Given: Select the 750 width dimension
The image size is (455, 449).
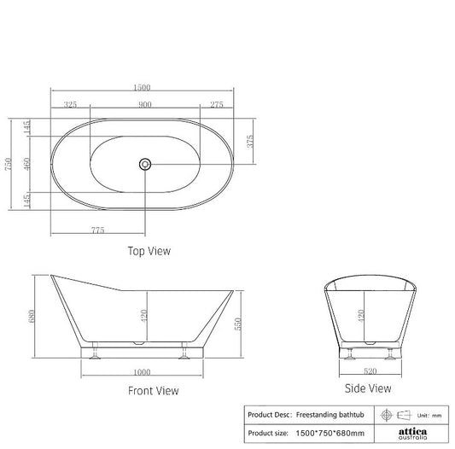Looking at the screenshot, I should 7,163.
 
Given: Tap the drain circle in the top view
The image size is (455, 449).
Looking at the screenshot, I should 144,163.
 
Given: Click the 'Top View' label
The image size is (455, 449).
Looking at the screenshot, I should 149,251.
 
